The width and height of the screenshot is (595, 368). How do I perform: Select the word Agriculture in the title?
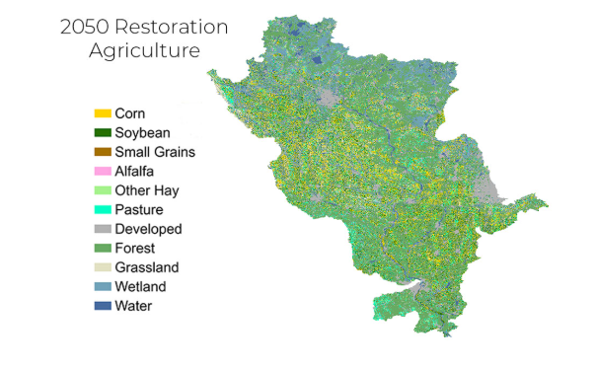[144, 50]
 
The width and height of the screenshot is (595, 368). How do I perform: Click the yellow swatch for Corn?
[102, 113]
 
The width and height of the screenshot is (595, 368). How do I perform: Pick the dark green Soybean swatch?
[102, 133]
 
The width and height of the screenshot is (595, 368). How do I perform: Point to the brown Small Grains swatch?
[102, 152]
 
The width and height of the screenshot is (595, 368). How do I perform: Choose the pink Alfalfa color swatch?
[102, 172]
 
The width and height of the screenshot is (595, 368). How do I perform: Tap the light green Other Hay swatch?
[102, 190]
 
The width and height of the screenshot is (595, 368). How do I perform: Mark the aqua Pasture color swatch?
[102, 210]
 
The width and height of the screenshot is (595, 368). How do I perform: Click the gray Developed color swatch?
[102, 229]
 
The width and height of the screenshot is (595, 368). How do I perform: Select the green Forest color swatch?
[102, 249]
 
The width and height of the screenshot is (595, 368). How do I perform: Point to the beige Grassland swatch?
[102, 267]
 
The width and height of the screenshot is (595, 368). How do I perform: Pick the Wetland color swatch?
[102, 287]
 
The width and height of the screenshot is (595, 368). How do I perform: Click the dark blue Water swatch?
[102, 306]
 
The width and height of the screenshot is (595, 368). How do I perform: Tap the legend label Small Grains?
[155, 152]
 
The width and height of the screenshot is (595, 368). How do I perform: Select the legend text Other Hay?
[146, 190]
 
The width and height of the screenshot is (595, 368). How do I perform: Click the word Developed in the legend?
[148, 229]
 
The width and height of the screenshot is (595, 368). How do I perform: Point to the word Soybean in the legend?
[142, 133]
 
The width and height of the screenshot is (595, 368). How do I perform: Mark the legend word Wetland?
[140, 287]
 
